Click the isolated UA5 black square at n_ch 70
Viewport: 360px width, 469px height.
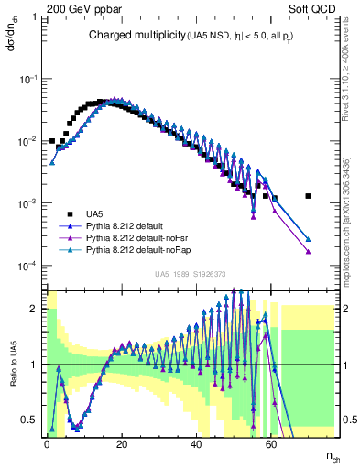point(309,195)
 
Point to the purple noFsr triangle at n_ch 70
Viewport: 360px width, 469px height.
point(309,250)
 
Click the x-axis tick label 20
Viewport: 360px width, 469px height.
point(122,442)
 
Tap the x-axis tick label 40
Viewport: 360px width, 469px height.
point(197,442)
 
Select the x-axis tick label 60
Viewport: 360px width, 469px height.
point(271,442)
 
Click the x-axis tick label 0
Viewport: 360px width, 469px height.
point(47,442)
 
